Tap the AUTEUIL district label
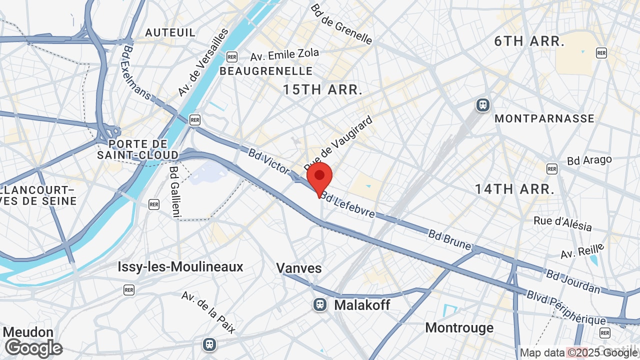click(x=170, y=32)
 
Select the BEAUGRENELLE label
click(x=266, y=71)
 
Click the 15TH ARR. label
click(x=322, y=90)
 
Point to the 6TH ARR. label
click(x=529, y=41)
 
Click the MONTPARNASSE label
click(x=544, y=118)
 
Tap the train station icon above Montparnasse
click(x=483, y=104)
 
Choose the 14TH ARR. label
click(x=514, y=189)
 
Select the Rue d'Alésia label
click(x=562, y=223)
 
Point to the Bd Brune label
click(x=449, y=240)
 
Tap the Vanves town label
click(x=299, y=268)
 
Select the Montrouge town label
click(x=459, y=328)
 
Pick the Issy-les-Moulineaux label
click(x=180, y=266)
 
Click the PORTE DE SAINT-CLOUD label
click(x=138, y=149)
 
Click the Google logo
click(x=33, y=348)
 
